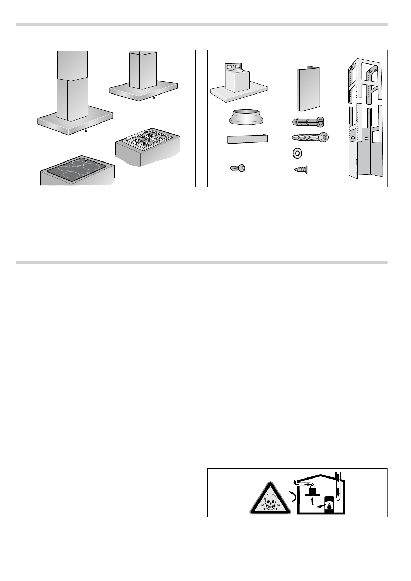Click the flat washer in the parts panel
(295, 153)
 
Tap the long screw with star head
(310, 137)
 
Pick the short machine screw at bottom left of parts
(237, 168)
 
